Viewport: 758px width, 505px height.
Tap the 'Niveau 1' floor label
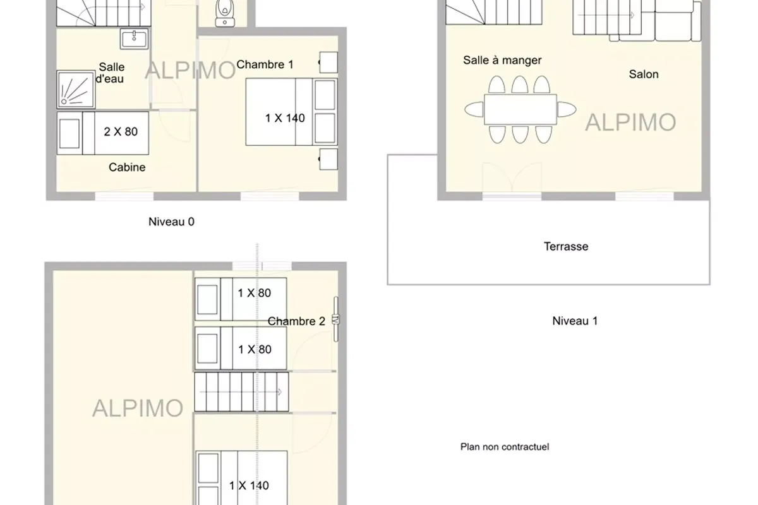pos(575,321)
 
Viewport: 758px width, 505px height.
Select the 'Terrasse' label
pos(566,246)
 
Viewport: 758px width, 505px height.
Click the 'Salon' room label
pos(644,74)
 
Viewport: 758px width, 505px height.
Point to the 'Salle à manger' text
pos(502,61)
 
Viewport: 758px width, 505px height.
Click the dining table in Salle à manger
pos(520,109)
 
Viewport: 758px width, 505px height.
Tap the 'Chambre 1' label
pos(265,64)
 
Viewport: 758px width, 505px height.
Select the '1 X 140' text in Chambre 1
pos(285,118)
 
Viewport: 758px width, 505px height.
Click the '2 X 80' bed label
pos(120,132)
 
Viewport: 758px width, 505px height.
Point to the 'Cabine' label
pos(127,167)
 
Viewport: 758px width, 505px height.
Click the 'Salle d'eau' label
pos(111,73)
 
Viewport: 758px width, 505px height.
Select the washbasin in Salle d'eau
pos(135,38)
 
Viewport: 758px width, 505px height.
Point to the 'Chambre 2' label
pos(296,321)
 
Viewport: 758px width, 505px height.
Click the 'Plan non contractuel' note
pos(505,447)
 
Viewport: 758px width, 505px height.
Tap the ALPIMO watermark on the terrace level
pos(630,122)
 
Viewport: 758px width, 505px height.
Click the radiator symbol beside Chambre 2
pos(337,319)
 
